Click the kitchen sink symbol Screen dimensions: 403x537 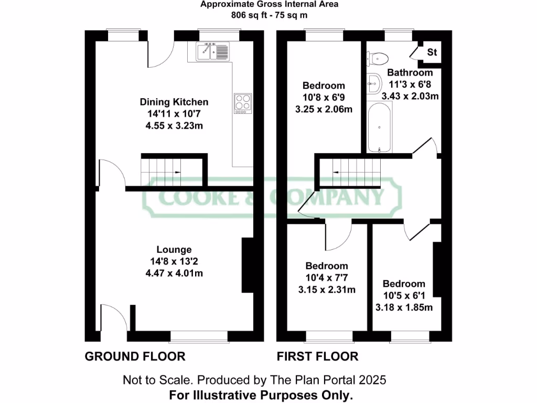point(213,51)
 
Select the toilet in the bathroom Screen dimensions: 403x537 point(377,57)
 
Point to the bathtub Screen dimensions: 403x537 point(379,126)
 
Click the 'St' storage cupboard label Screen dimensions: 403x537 point(432,52)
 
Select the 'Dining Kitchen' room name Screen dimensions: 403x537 point(174,102)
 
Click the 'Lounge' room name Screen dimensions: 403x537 point(174,250)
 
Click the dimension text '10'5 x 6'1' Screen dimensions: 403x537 point(403,295)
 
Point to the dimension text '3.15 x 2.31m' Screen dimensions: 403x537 point(327,290)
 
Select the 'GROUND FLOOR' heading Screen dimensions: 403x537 point(135,357)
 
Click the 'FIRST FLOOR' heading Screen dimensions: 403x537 point(317,357)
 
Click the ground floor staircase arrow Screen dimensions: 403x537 point(178,172)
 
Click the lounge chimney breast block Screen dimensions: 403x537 point(247,266)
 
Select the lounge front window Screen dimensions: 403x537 point(199,335)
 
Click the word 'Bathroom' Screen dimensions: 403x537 point(410,73)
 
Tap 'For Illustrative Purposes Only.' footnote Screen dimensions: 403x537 point(261,394)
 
